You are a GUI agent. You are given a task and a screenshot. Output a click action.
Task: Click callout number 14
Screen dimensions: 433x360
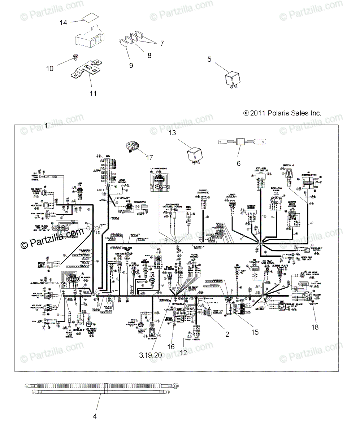pos(64,23)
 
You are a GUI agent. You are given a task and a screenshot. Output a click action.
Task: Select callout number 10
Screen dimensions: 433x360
pos(50,68)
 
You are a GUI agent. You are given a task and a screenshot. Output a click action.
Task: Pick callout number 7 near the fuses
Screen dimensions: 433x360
pos(162,43)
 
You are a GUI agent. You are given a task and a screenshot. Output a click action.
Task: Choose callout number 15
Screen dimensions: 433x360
pos(255,332)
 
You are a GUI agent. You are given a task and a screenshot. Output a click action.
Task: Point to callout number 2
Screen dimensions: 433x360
pos(227,334)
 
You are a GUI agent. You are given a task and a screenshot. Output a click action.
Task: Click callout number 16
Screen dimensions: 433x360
pos(171,346)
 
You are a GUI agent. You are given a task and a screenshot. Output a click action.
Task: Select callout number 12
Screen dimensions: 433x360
pos(183,353)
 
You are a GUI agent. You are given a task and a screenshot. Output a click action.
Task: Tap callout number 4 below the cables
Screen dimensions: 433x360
pos(95,416)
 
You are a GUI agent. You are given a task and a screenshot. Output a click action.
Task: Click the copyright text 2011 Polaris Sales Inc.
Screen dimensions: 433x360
pos(282,113)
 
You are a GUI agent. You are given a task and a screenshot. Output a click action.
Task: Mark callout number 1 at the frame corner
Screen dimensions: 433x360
pos(47,125)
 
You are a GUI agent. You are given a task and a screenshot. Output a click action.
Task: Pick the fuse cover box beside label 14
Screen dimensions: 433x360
pos(89,37)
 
